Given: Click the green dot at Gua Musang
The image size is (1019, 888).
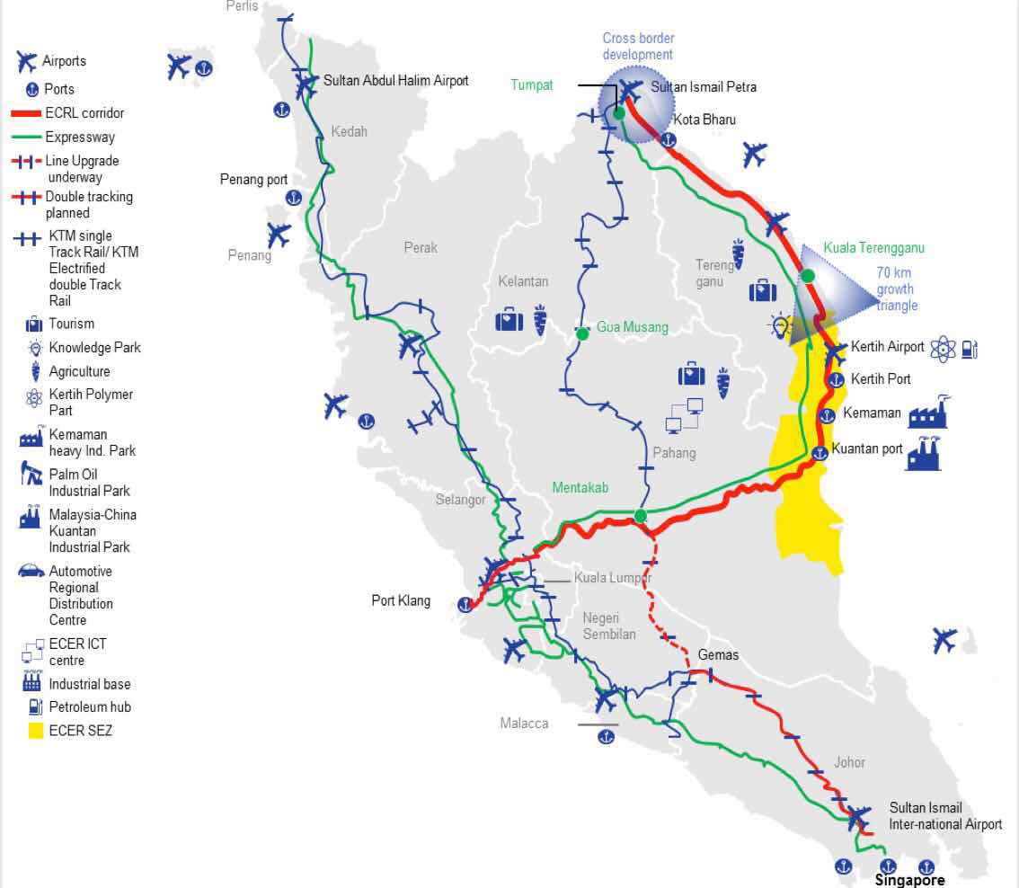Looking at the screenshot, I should click(582, 333).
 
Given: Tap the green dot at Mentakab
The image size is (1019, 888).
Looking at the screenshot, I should click(640, 516).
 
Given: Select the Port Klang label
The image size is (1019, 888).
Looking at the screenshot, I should click(401, 601).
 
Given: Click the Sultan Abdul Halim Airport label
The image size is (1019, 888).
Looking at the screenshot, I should click(396, 81).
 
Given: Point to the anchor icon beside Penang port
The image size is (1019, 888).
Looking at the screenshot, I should click(293, 198).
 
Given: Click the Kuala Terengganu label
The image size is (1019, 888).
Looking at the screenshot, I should click(873, 248).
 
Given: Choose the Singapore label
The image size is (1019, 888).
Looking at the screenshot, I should click(909, 880).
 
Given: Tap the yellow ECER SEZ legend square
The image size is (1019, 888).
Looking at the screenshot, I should click(35, 731).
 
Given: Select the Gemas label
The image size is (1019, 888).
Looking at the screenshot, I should click(718, 654).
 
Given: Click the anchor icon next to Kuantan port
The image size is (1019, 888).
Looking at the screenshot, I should click(819, 453).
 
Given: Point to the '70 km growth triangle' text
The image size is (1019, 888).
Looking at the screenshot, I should click(896, 289).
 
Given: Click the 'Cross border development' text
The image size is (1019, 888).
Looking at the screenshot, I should click(638, 47).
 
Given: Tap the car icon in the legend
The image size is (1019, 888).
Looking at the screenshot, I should click(31, 571).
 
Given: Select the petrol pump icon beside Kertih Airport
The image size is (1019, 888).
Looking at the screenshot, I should click(969, 349).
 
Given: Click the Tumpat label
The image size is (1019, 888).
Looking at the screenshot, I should click(532, 85).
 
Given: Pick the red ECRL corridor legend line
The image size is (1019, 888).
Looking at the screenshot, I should click(38, 114).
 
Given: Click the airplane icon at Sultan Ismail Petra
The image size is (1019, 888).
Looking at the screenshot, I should click(631, 90).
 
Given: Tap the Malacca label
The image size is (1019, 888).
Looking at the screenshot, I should click(524, 724).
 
